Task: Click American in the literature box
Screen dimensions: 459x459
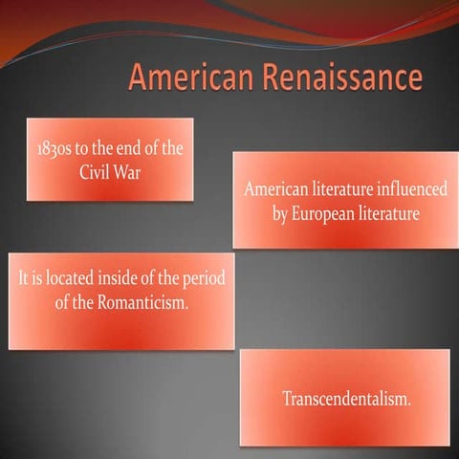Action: coord(274,189)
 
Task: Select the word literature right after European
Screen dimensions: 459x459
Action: coord(388,213)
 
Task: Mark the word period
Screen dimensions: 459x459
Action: coord(209,280)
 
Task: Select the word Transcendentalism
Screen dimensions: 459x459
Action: coord(346,398)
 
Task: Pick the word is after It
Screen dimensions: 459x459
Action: coord(42,280)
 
